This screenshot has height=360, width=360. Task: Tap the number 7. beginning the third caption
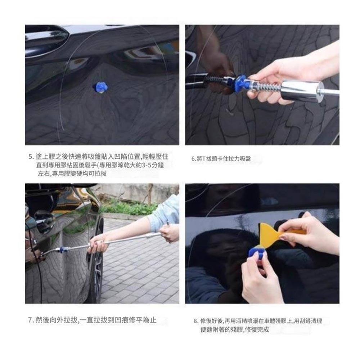point(31,320)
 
